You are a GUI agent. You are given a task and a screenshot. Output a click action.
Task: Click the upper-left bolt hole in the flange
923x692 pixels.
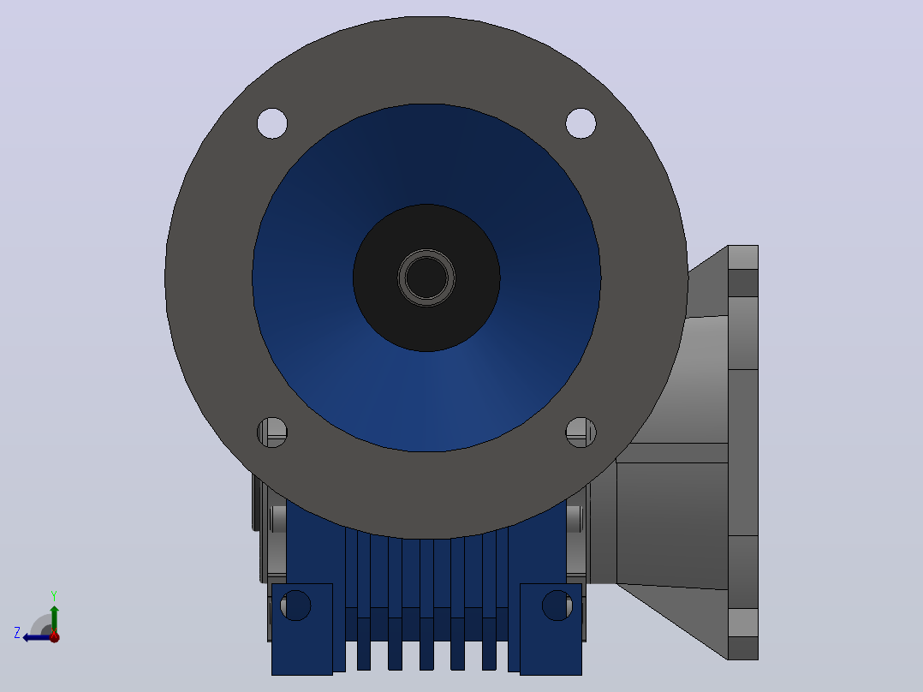pos(272,123)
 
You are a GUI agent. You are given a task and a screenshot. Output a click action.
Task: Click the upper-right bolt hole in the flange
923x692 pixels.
pos(581,123)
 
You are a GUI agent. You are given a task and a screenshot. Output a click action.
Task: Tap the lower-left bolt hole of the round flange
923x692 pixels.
pos(272,432)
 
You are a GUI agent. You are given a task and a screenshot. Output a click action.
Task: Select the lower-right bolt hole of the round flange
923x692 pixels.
pos(581,432)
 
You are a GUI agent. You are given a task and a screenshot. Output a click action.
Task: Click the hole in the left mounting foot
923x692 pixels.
pos(295,605)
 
